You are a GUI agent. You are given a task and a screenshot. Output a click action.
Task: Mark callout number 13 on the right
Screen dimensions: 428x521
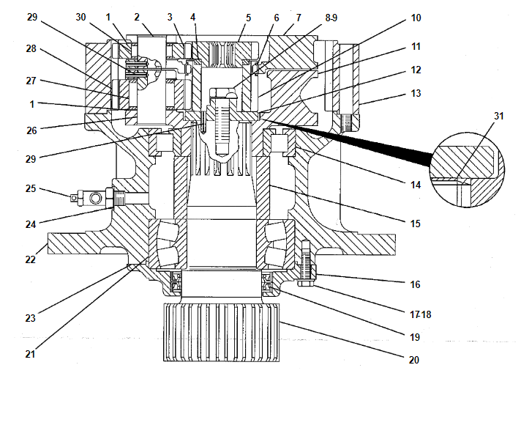point(416,93)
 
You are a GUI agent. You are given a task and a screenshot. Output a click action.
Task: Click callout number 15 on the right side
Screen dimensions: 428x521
point(416,222)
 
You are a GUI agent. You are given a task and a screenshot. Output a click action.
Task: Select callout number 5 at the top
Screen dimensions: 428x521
point(248,15)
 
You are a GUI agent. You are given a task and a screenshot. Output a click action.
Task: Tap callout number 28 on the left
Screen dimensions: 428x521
point(30,48)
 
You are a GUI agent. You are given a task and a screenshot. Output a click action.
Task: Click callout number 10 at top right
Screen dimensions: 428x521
point(416,16)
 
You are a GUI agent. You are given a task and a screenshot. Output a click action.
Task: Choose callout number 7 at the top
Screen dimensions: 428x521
point(299,15)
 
